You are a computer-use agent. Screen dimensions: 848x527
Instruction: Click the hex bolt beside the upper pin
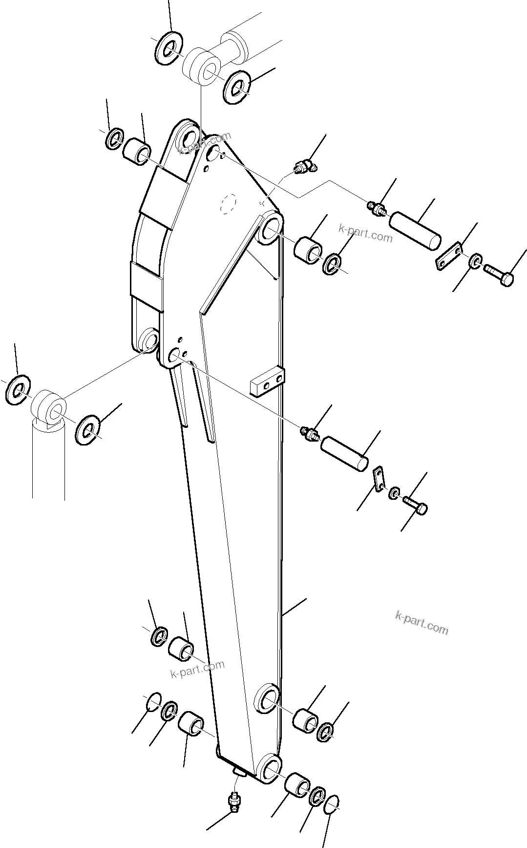click(499, 274)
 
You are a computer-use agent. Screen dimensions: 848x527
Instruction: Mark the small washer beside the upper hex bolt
click(476, 261)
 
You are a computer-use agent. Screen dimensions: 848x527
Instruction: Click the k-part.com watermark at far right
click(422, 623)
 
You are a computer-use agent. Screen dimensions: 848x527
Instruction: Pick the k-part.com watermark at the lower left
click(198, 669)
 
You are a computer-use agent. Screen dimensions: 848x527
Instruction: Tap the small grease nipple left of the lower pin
click(309, 432)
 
